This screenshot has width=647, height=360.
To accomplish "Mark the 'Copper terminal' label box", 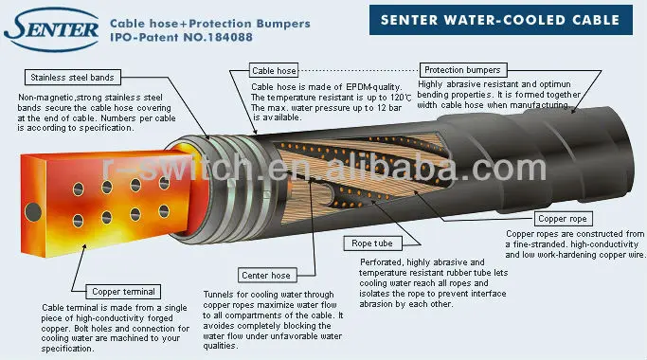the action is [123, 291].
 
